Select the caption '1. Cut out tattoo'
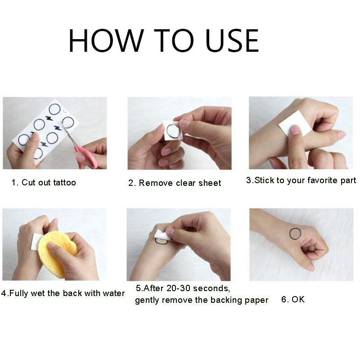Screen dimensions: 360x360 pos(44,183)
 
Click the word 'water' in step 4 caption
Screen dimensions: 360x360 pos(113,293)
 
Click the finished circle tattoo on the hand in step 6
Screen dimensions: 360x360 pos(295,234)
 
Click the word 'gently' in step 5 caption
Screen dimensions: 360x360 pos(147,300)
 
